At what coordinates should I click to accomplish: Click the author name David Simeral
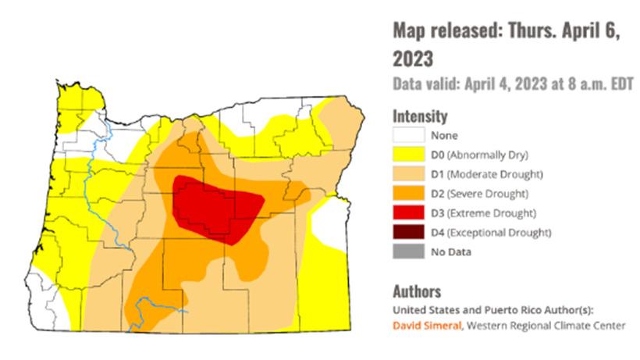[x=425, y=325]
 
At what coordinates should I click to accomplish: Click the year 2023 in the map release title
[x=413, y=59]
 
